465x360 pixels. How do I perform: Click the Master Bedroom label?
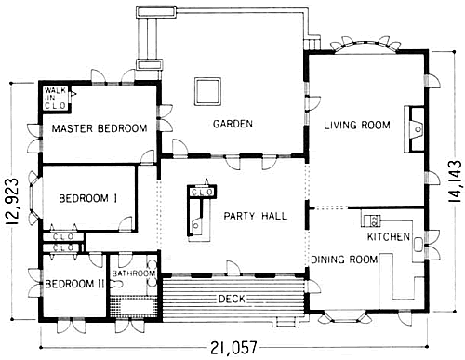[100, 128]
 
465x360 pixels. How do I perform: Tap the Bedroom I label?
[88, 198]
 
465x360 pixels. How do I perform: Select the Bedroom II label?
[74, 284]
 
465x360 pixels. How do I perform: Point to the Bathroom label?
[134, 273]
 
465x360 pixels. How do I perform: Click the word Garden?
[232, 124]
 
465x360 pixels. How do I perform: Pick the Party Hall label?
[256, 216]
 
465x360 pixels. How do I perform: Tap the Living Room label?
[357, 126]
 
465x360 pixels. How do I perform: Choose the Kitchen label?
[389, 237]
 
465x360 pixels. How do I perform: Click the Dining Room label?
[344, 260]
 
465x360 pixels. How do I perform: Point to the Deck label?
[232, 299]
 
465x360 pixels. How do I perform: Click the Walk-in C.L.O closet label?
[55, 98]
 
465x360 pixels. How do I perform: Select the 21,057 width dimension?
[234, 348]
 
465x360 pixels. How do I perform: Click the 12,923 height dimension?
[12, 201]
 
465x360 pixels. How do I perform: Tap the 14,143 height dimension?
[455, 181]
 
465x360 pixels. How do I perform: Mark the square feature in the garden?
[207, 91]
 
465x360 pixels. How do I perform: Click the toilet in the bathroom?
[116, 284]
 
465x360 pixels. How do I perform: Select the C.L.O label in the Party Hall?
[202, 193]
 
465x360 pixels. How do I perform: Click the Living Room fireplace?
[414, 129]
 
